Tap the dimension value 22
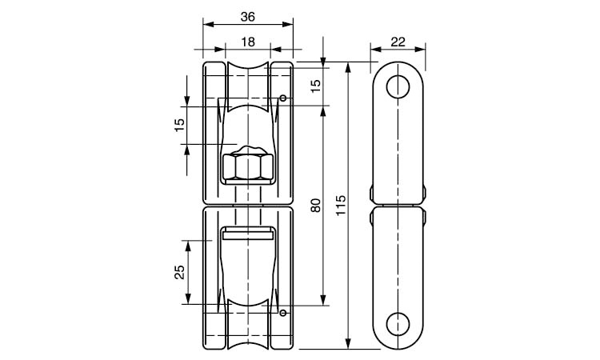click(x=398, y=42)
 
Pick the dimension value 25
click(x=179, y=272)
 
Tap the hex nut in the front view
click(x=246, y=166)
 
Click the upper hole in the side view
click(x=398, y=86)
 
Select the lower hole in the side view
click(x=398, y=323)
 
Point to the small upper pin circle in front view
click(x=283, y=98)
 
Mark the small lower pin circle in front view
click(x=283, y=312)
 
